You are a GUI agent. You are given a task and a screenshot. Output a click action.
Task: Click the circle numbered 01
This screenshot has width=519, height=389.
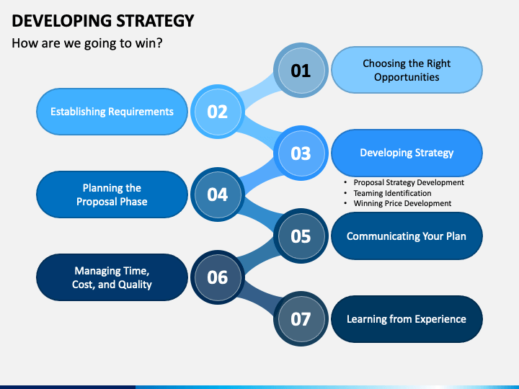[x=301, y=70]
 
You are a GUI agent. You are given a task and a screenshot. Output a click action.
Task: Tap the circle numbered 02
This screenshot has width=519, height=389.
[x=217, y=111]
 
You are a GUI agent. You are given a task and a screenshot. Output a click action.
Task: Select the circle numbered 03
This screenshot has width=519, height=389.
[x=301, y=153]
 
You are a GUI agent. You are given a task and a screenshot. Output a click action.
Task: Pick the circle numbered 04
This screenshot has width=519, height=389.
[x=217, y=194]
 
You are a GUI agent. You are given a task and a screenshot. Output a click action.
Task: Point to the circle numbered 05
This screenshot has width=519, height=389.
[x=301, y=236]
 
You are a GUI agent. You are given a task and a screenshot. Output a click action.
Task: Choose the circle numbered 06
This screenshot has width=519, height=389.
[x=217, y=277]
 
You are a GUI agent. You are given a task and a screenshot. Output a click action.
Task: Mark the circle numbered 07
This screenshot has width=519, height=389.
[x=301, y=318]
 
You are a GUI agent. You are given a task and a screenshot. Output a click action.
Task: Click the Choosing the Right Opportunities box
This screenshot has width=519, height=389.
[x=407, y=70]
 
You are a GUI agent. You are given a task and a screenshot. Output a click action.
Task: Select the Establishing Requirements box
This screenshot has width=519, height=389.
[x=112, y=112]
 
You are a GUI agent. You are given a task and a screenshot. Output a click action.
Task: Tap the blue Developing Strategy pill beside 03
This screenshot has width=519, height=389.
[x=407, y=153]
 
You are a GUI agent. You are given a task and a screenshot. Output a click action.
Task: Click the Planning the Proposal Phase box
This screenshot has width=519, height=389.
[x=112, y=194]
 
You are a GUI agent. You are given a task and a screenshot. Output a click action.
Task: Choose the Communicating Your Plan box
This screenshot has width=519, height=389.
[x=407, y=236]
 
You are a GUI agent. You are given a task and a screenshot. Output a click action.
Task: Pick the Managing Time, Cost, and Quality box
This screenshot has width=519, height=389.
[x=112, y=277]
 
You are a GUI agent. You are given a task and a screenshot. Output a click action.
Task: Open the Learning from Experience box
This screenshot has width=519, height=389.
[x=407, y=318]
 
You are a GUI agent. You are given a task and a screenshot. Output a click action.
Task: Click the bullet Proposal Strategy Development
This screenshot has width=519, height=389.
[x=408, y=183]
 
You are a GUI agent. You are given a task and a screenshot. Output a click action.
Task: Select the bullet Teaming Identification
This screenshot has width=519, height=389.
[x=392, y=193]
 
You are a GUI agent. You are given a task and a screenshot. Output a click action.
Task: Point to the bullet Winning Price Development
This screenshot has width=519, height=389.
[x=402, y=203]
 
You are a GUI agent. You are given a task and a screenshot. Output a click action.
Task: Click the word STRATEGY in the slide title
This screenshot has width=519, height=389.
[x=151, y=21]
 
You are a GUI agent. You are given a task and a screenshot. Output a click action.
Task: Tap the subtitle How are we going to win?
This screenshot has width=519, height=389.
[x=87, y=43]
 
